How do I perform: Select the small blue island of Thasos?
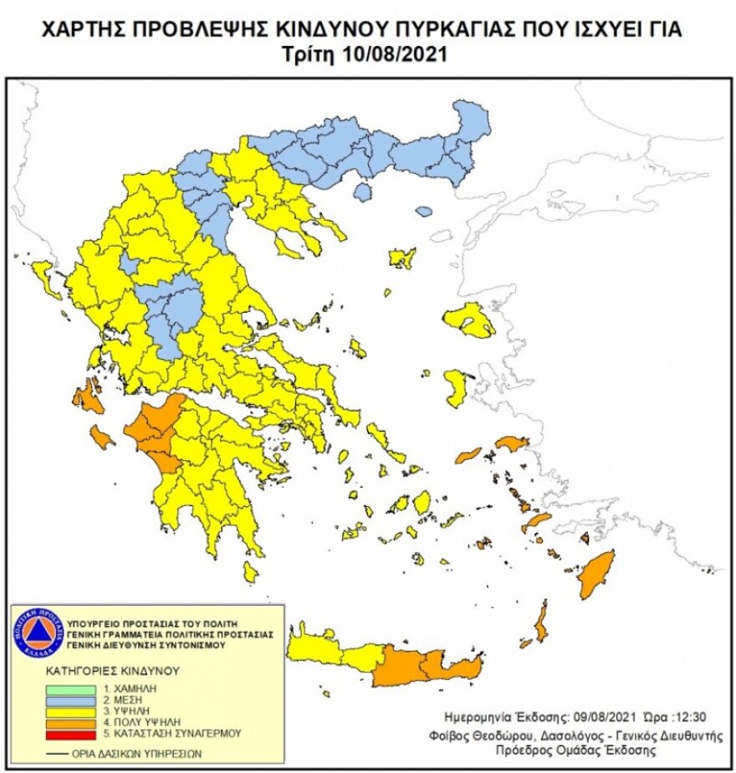click(x=362, y=192)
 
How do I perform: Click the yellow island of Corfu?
click(x=44, y=278)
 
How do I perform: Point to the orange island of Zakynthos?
click(x=102, y=437)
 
